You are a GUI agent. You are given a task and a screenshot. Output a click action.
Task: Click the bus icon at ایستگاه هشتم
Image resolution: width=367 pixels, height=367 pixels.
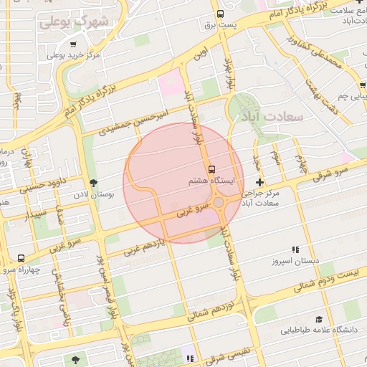211,170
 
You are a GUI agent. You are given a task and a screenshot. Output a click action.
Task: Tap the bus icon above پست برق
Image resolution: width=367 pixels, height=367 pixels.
220,14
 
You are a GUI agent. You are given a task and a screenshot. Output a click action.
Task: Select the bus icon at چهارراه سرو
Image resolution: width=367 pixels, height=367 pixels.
21,258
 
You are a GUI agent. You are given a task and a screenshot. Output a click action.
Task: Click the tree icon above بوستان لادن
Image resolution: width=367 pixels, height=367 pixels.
93,183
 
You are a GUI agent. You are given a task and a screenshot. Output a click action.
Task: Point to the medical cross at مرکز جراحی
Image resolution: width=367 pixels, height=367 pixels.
259,182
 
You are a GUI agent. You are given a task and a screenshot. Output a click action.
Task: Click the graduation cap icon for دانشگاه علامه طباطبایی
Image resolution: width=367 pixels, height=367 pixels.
318,320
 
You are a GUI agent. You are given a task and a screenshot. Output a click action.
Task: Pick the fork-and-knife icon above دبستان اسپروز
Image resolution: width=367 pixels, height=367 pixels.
296,249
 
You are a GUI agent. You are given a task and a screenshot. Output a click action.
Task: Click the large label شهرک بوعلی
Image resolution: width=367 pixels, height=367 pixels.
74,22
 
